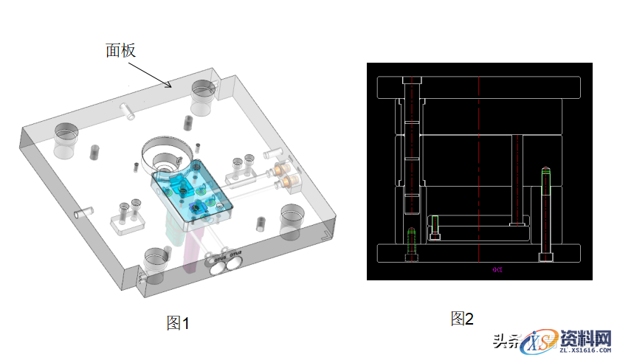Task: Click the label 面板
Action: point(120,49)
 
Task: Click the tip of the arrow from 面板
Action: point(172,87)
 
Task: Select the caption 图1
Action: point(178,322)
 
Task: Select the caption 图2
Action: point(462,319)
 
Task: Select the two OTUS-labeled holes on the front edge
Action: point(226,266)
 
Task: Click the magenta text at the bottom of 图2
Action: point(497,270)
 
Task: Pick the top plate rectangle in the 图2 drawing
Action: point(480,88)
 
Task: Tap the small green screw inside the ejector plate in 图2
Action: point(435,226)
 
